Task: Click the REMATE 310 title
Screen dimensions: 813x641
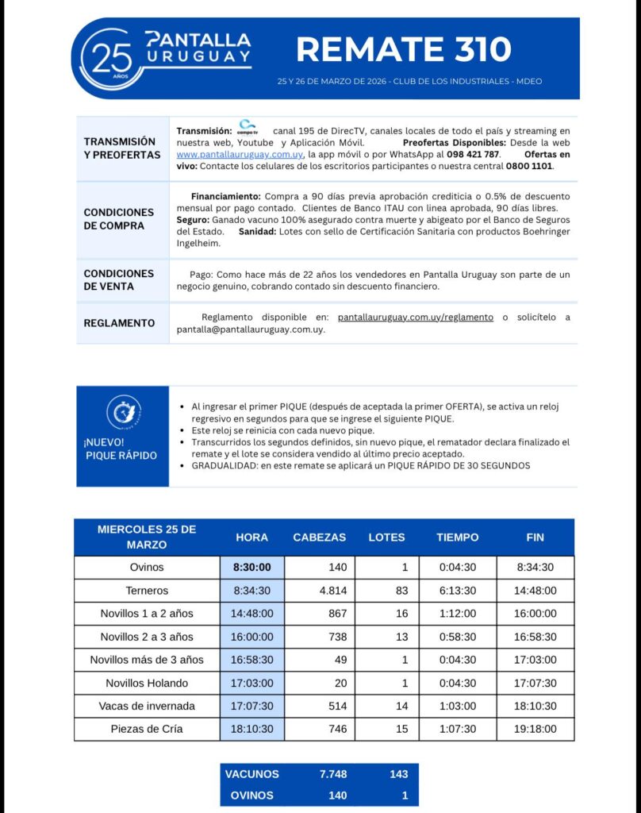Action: click(x=404, y=49)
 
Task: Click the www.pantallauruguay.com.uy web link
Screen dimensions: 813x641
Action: click(x=239, y=154)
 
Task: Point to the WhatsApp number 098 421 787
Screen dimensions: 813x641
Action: click(x=473, y=154)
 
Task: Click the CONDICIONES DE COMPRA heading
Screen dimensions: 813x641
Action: click(x=119, y=219)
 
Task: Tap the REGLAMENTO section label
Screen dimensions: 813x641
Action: click(x=119, y=323)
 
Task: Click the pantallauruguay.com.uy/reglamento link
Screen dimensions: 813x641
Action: click(x=415, y=317)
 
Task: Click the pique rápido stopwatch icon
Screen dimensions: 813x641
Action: click(x=123, y=411)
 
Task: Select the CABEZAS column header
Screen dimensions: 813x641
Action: click(x=319, y=538)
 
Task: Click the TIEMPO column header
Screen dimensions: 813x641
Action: click(x=457, y=538)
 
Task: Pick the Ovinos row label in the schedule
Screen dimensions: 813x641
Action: click(x=147, y=568)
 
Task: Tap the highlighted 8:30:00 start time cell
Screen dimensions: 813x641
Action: click(x=251, y=568)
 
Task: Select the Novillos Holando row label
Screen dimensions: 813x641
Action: click(x=147, y=683)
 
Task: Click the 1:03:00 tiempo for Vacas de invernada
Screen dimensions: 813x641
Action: click(x=457, y=706)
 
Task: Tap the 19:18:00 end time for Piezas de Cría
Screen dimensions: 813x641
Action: click(x=535, y=729)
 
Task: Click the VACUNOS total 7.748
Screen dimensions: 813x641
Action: click(x=332, y=773)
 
